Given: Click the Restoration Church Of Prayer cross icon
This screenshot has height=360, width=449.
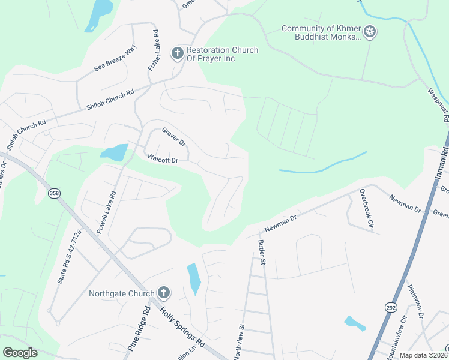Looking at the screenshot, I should [177, 54].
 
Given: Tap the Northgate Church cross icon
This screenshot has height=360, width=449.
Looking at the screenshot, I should [163, 293].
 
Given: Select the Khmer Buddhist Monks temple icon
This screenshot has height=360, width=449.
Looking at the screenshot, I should [370, 32].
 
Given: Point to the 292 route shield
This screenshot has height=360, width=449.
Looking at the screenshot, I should [390, 307].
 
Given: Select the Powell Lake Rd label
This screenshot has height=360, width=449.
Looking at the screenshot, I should [110, 212].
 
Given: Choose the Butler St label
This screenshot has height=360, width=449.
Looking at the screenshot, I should [262, 252].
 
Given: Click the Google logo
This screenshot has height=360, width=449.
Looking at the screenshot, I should [20, 353].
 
